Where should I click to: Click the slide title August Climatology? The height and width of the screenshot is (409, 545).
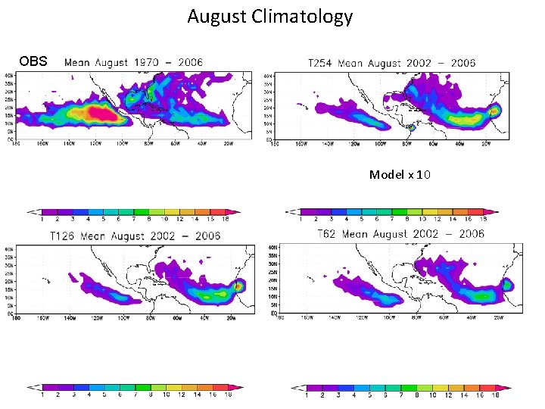click(269, 17)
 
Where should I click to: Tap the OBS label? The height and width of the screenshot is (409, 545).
click(33, 61)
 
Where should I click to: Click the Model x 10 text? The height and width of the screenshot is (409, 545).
click(400, 175)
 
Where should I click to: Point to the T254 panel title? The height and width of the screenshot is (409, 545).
click(392, 63)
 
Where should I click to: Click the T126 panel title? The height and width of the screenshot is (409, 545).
click(135, 236)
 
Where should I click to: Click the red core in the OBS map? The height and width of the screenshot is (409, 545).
click(98, 114)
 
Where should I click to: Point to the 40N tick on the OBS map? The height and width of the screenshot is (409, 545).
click(10, 76)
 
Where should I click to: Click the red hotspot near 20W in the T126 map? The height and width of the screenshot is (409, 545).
click(240, 286)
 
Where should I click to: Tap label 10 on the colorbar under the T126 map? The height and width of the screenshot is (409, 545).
click(166, 394)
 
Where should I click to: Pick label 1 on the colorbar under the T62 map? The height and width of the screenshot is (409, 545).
click(307, 395)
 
